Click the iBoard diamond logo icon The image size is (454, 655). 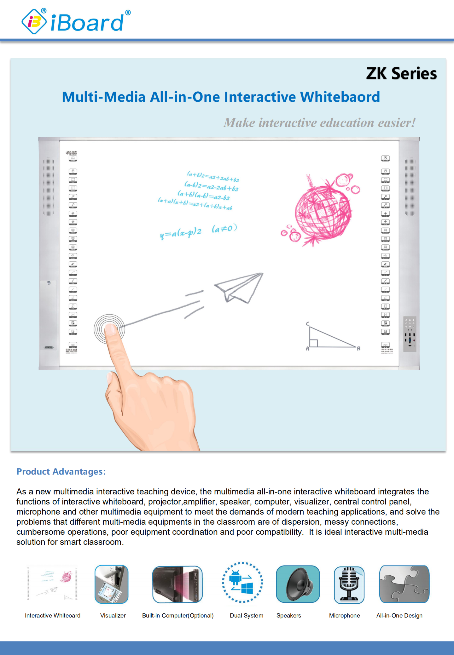(34, 22)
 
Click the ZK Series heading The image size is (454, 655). (401, 73)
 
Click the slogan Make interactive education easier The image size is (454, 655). (319, 123)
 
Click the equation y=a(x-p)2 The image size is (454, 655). (181, 233)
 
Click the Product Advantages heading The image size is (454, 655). (61, 471)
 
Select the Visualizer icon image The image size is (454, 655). (112, 584)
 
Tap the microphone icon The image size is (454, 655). (349, 584)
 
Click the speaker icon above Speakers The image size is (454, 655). (298, 584)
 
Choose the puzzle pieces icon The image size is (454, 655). (404, 584)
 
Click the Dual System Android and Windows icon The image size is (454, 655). (242, 583)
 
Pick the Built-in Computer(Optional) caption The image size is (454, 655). (178, 615)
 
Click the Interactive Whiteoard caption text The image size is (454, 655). (53, 615)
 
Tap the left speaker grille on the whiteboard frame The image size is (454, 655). (49, 187)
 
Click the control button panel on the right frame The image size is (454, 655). (410, 334)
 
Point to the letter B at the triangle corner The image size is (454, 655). (358, 349)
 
